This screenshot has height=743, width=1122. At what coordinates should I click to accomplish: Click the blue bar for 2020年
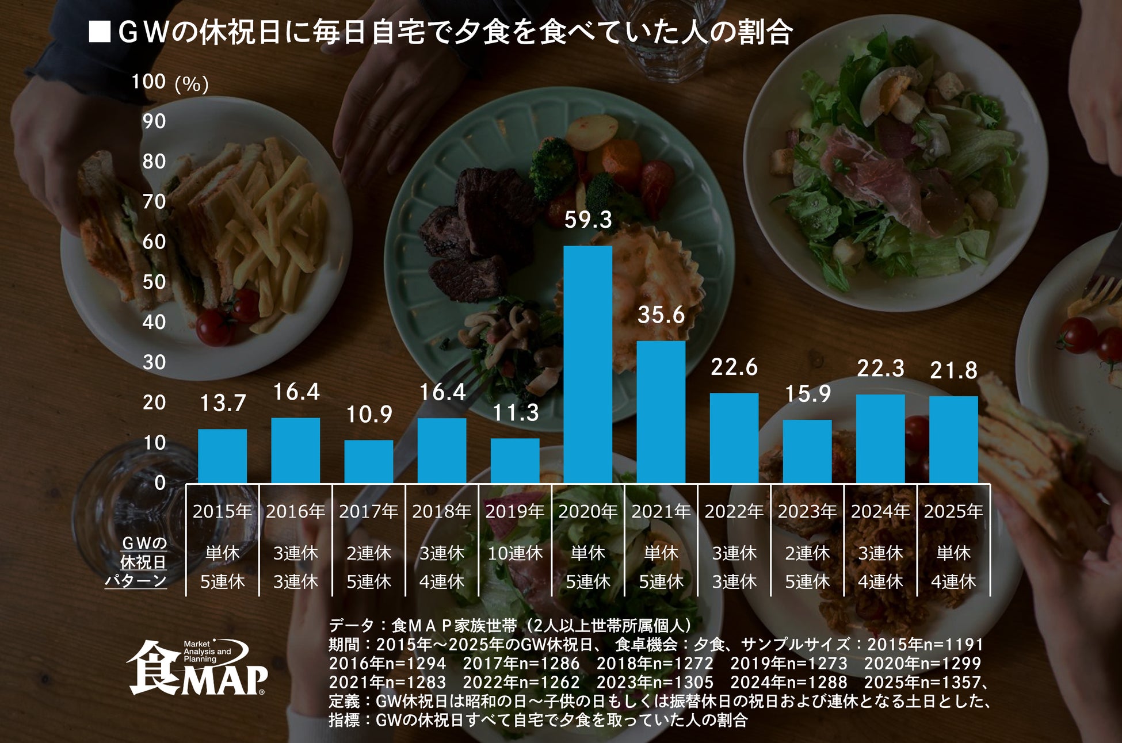(x=587, y=364)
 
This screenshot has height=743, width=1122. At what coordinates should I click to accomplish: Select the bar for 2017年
(x=368, y=461)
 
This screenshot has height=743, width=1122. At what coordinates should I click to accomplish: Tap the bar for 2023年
(x=807, y=451)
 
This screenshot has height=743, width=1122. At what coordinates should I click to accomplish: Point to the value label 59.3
(x=587, y=220)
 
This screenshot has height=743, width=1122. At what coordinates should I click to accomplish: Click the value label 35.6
(x=661, y=315)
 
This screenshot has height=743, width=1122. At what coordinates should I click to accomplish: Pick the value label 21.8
(x=953, y=371)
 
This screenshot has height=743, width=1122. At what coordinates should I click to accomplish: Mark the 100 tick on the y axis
(x=148, y=82)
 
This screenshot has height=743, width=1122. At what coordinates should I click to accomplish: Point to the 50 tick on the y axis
(x=154, y=282)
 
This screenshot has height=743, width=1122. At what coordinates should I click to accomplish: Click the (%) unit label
(x=191, y=85)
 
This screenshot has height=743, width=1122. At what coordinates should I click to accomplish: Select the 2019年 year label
(x=514, y=511)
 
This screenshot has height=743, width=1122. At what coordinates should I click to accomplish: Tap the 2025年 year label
(x=953, y=511)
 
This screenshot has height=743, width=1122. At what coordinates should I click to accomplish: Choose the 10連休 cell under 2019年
(x=514, y=553)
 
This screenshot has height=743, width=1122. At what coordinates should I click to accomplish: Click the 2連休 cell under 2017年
(x=368, y=553)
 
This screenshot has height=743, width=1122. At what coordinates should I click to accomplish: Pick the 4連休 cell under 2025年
(x=953, y=582)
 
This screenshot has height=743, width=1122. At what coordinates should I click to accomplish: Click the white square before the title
(x=100, y=32)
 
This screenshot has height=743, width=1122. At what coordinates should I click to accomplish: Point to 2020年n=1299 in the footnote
(x=922, y=663)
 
